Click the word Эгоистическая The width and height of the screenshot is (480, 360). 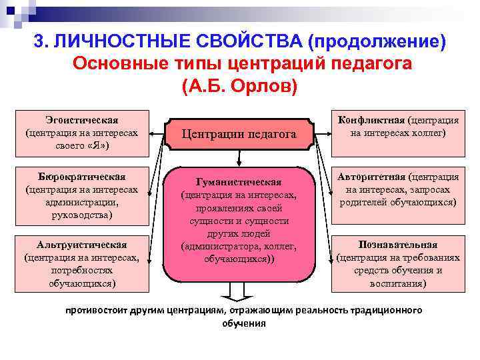(x=83, y=120)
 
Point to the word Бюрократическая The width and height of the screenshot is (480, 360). (x=83, y=177)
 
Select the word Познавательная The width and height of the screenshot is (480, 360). (x=398, y=244)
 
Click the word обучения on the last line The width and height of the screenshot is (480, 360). (x=243, y=323)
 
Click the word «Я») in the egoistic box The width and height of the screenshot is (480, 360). (x=97, y=144)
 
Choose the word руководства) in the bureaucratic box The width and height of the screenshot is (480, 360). (x=83, y=215)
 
